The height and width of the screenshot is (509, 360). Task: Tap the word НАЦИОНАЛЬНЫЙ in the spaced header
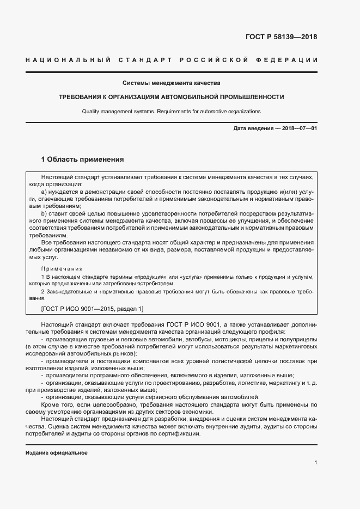[68, 59]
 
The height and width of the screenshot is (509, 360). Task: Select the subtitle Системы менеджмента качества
[171, 83]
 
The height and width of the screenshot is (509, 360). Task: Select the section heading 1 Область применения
[83, 160]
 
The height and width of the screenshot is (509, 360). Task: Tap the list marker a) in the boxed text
[45, 193]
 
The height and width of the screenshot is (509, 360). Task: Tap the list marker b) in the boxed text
[45, 214]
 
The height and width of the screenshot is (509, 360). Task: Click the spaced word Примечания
[62, 268]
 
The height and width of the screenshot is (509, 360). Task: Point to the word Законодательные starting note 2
[70, 292]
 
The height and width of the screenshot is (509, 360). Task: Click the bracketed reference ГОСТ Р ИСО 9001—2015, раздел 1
[85, 309]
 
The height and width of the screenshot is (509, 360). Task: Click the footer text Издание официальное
[57, 452]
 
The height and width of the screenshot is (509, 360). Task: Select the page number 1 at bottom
[315, 462]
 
